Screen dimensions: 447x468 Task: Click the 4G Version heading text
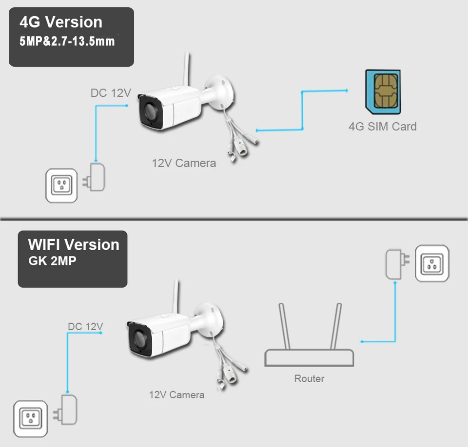tap(61, 22)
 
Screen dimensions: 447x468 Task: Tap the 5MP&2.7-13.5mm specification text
tap(67, 41)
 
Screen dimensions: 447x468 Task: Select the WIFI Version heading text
tap(74, 244)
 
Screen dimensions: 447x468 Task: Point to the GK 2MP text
tap(52, 261)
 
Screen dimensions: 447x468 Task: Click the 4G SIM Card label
tap(383, 127)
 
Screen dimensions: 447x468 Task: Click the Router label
tap(309, 378)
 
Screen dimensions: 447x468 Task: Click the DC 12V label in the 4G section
tap(111, 93)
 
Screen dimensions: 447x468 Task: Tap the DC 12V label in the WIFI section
tap(86, 326)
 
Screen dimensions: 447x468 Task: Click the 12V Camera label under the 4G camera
tap(184, 163)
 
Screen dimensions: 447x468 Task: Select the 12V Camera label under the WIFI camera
tap(176, 394)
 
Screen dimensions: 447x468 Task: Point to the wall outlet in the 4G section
tap(61, 186)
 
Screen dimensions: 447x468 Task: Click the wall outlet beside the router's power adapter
tap(432, 263)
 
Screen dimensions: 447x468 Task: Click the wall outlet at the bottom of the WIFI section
tap(30, 417)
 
